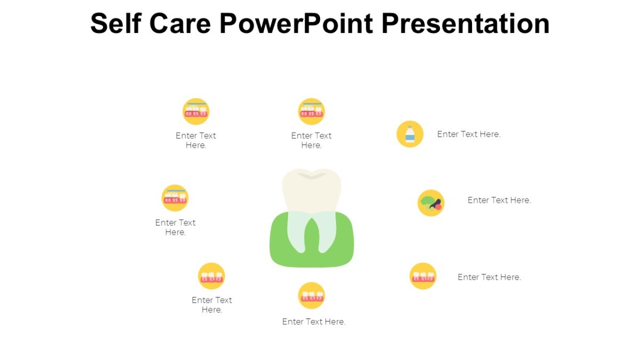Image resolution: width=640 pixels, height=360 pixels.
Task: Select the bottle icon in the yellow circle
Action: tap(410, 134)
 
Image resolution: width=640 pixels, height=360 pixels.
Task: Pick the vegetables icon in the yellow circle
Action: tap(431, 203)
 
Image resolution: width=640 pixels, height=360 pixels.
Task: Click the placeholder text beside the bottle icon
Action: tap(469, 134)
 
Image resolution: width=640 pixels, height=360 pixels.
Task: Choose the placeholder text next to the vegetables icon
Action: tap(499, 200)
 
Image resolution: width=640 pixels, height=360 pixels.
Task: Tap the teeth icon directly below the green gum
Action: tap(311, 295)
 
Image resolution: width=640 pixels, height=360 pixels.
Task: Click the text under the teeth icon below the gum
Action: tap(314, 322)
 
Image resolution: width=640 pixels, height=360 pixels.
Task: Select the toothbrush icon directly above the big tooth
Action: tap(311, 111)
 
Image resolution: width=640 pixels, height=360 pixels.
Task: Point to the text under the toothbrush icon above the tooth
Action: tap(311, 140)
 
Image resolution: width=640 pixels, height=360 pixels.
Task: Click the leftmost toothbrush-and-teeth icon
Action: tap(175, 198)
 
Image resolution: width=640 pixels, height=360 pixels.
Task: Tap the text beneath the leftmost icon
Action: tap(175, 227)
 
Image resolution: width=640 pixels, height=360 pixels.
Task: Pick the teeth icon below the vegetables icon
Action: tap(423, 276)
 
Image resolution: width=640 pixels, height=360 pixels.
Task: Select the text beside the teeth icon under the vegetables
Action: tap(489, 277)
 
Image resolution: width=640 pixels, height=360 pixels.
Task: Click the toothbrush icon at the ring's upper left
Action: tap(196, 111)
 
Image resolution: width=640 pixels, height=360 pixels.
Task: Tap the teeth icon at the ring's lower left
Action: tap(212, 276)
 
